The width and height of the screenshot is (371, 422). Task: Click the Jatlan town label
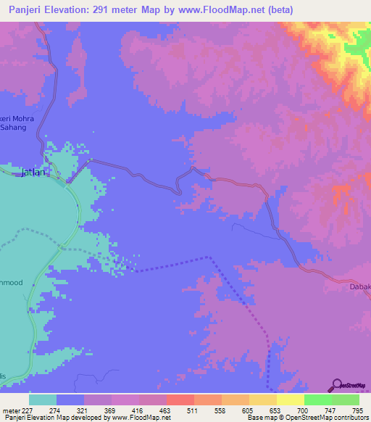point(33,173)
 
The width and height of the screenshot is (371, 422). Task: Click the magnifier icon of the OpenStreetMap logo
point(335,386)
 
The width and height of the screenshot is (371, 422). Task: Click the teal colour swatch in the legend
point(43,400)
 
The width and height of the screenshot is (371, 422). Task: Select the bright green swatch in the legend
point(318,400)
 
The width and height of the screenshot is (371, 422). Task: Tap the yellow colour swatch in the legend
point(290,400)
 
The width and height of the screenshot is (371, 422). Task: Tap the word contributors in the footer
point(349,418)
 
